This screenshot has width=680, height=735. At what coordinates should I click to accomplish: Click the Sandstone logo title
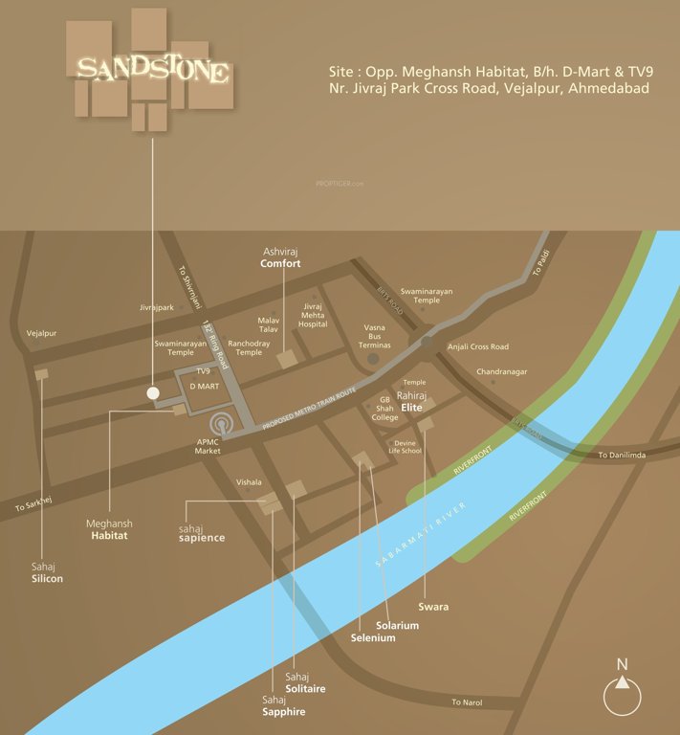pos(152,70)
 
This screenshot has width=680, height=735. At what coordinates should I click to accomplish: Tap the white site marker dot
pos(152,392)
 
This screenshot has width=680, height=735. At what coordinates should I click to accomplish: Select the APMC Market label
pos(208,445)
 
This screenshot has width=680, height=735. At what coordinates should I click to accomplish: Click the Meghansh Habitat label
pos(109,530)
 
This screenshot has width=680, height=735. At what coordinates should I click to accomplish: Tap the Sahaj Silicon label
pos(47,572)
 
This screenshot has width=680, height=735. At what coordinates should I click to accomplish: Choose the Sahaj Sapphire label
pos(283,705)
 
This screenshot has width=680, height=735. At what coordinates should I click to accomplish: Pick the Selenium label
pos(372,637)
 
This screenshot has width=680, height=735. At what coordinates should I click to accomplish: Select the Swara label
pos(433,607)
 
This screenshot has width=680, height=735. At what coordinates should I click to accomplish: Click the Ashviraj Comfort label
pos(281,256)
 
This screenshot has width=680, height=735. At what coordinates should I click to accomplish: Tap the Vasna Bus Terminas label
pos(374,335)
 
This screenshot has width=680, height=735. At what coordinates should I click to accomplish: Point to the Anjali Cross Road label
pos(478,346)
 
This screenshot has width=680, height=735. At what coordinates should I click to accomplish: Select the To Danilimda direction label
pos(622,455)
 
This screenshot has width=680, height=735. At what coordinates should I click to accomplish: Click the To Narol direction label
pos(468,702)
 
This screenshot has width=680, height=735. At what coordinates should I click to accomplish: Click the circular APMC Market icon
pos(222,422)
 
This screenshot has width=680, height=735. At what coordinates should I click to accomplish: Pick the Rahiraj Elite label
pos(412,400)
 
